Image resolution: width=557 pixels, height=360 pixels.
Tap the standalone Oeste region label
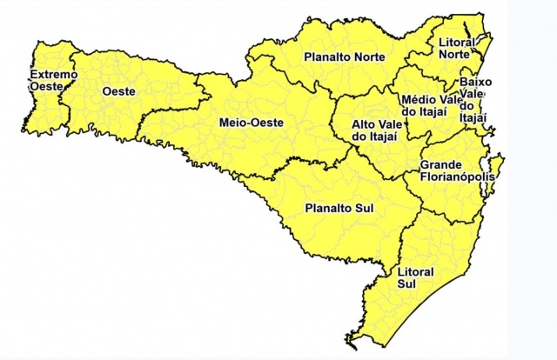[x=117, y=90]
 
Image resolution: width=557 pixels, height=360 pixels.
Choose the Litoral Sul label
[x=414, y=277]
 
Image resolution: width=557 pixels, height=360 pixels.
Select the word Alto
[x=363, y=124]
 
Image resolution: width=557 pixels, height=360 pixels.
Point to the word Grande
[x=439, y=164]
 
